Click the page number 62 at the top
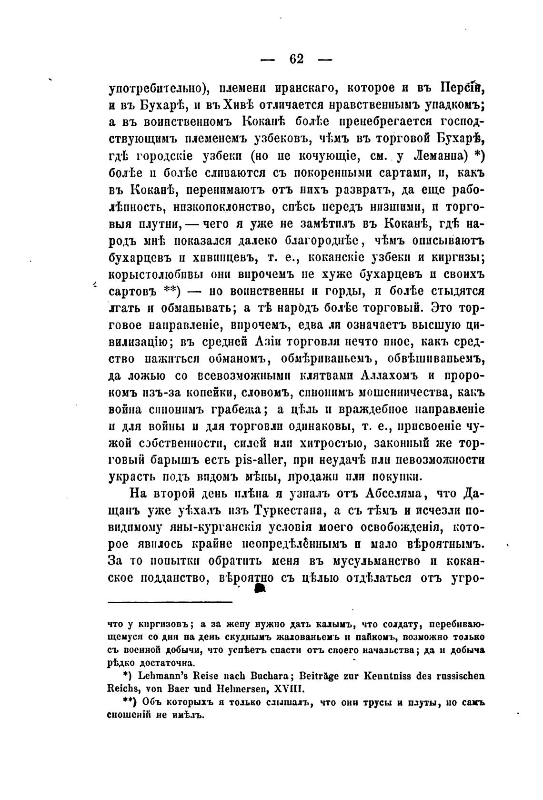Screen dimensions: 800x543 tap(296, 59)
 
